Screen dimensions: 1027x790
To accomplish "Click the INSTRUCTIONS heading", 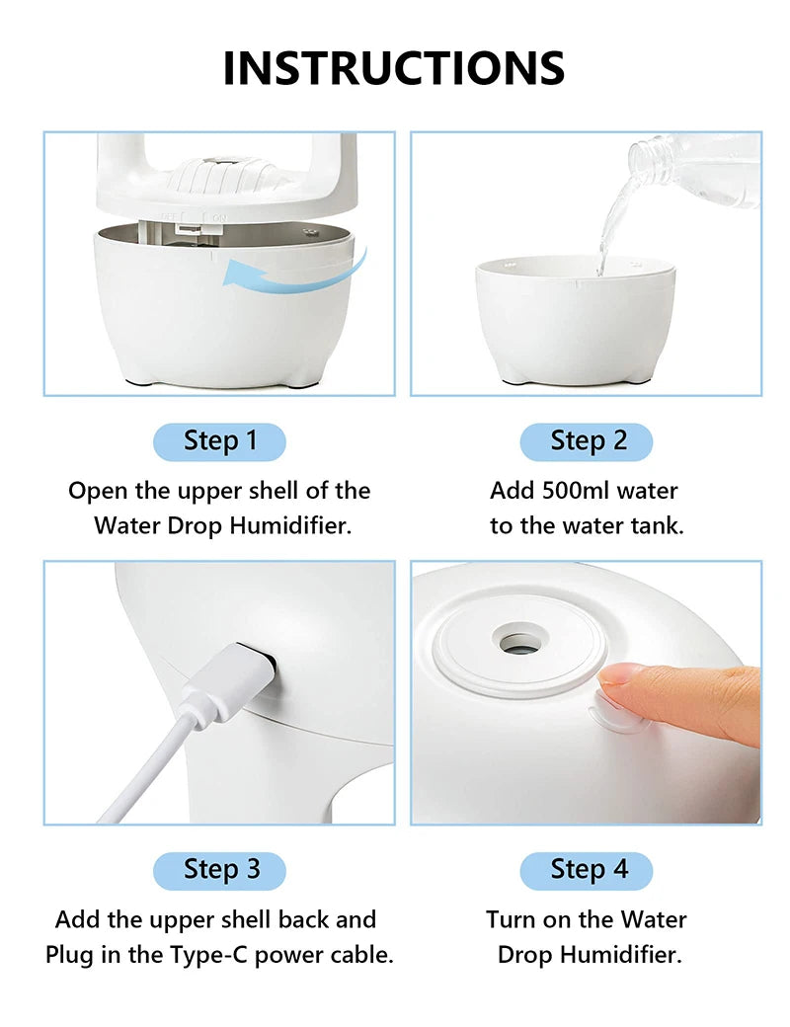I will click(x=394, y=67).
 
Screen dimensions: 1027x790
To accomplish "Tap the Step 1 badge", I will click(x=219, y=441).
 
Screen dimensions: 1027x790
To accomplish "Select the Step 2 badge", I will click(x=588, y=441).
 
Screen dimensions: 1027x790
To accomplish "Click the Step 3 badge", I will click(x=219, y=870).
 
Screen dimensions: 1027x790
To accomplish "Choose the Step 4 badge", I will click(x=588, y=870).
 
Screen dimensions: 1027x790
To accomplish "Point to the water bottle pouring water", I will click(x=691, y=168).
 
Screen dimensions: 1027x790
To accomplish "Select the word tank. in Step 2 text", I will click(x=656, y=525).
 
